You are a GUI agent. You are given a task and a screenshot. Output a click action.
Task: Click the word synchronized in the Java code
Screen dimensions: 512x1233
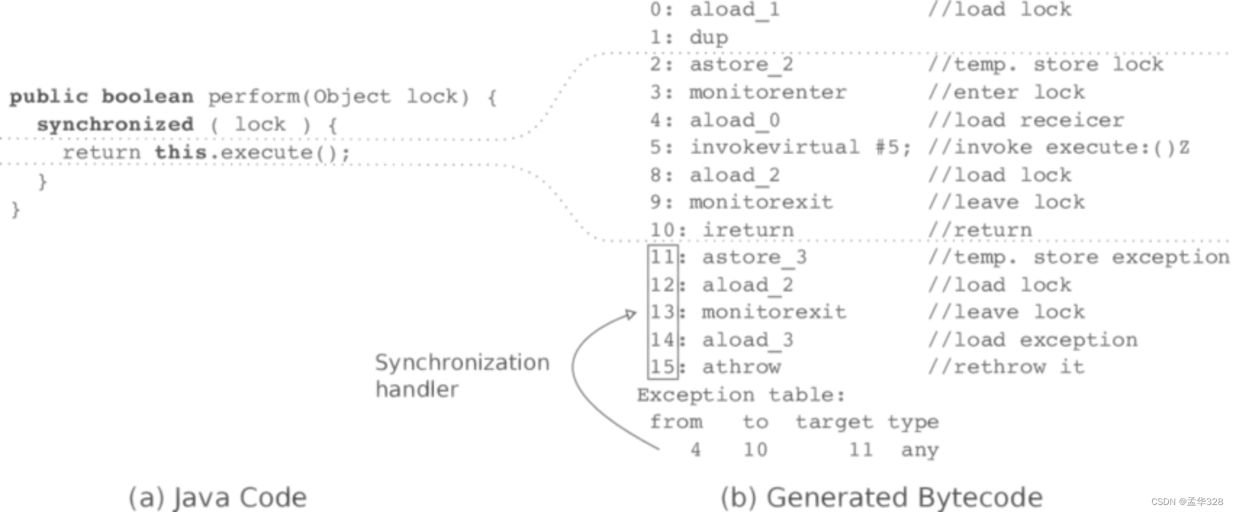(115, 124)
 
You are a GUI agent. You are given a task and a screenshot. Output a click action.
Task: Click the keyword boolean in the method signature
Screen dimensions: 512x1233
(147, 96)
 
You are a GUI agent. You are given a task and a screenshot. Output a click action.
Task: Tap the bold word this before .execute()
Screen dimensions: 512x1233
(180, 152)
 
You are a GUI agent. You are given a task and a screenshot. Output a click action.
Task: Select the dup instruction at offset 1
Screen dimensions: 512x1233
(708, 37)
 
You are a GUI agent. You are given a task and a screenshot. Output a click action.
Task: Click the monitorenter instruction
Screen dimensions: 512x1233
(767, 93)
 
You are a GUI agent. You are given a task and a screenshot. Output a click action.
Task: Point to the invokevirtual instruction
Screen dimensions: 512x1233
(774, 147)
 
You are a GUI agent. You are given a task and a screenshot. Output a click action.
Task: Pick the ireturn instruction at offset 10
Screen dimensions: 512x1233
(748, 230)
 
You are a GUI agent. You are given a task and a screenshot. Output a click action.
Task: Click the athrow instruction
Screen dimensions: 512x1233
(741, 367)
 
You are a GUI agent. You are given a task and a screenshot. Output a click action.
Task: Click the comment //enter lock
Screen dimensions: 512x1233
(1006, 93)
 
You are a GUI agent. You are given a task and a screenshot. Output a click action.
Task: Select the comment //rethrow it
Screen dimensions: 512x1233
(1006, 367)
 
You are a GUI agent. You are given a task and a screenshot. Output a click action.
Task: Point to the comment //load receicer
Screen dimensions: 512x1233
(1026, 120)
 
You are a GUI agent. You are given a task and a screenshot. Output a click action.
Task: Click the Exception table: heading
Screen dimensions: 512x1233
(741, 394)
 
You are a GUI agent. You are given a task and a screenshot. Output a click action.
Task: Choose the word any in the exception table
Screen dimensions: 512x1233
(920, 450)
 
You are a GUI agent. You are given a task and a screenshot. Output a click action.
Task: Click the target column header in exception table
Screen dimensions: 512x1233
(834, 422)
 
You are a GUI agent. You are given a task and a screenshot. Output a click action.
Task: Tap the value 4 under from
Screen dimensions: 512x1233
(695, 450)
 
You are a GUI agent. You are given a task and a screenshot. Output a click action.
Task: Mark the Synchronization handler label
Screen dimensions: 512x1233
(462, 376)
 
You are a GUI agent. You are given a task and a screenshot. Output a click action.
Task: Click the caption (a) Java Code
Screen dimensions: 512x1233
(218, 498)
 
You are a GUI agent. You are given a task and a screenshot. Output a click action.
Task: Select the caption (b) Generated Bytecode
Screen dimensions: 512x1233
(881, 498)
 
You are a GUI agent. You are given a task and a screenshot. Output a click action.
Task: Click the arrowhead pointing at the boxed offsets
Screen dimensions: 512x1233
(631, 314)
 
